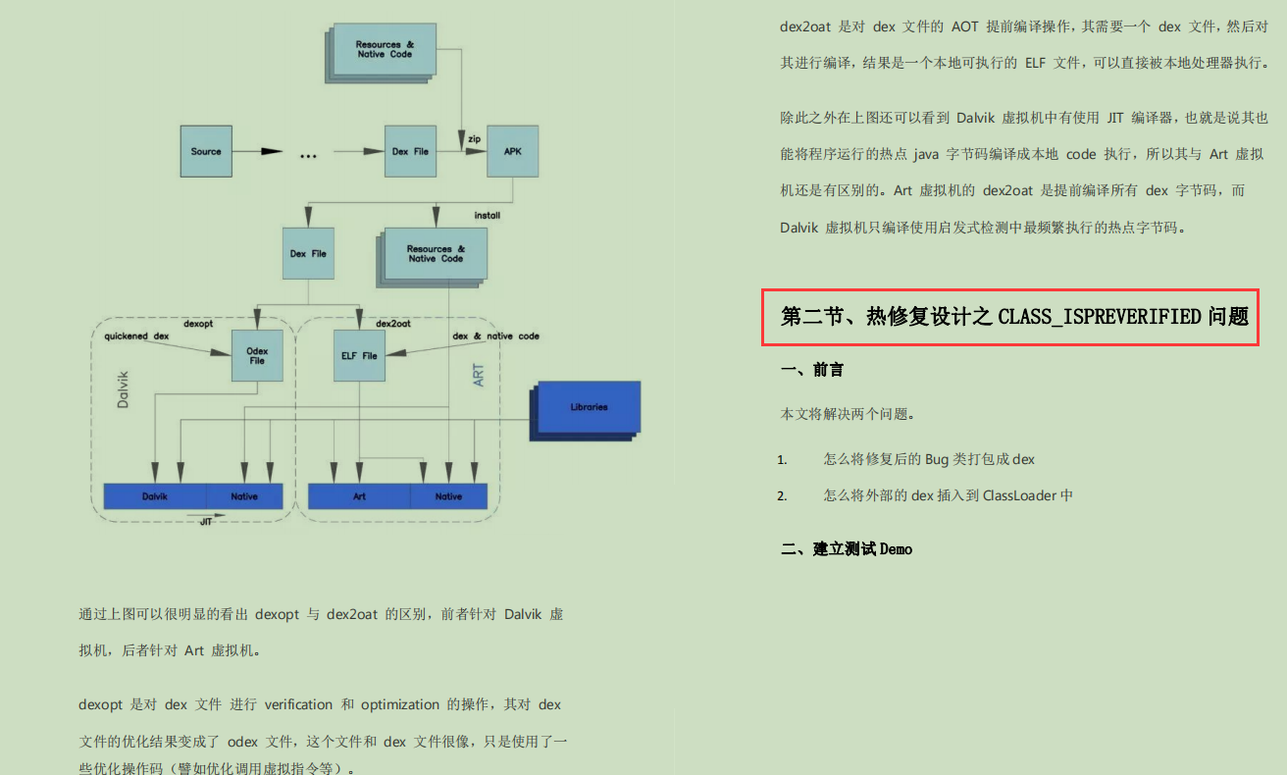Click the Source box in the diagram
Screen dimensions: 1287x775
pyautogui.click(x=206, y=151)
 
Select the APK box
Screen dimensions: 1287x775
pyautogui.click(x=513, y=151)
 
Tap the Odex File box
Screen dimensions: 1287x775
pyautogui.click(x=257, y=355)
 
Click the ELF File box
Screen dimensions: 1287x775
pyautogui.click(x=359, y=355)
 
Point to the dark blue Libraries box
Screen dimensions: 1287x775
pyautogui.click(x=589, y=407)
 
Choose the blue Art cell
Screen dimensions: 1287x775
pyautogui.click(x=359, y=496)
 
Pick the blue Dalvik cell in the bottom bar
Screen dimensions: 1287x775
pyautogui.click(x=155, y=496)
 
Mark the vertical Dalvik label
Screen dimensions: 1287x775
pyautogui.click(x=124, y=388)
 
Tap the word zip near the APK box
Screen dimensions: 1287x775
pyautogui.click(x=474, y=138)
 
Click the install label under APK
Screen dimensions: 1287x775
pyautogui.click(x=488, y=214)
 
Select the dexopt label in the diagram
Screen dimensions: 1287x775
pyautogui.click(x=199, y=323)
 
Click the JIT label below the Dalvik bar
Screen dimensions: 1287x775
pyautogui.click(x=206, y=522)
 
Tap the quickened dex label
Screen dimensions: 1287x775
pyautogui.click(x=136, y=336)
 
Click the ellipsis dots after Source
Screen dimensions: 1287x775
pyautogui.click(x=308, y=155)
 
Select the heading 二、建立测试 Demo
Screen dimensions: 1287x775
pyautogui.click(x=847, y=549)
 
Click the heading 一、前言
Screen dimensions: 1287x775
pyautogui.click(x=811, y=370)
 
